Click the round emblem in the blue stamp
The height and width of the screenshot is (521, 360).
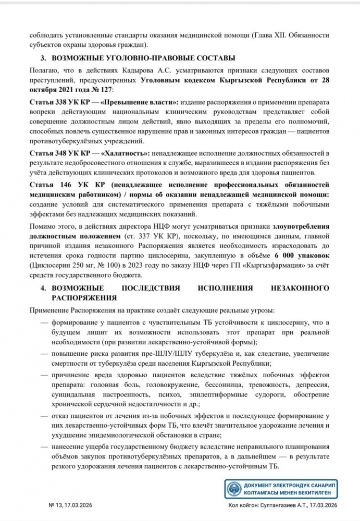233,490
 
